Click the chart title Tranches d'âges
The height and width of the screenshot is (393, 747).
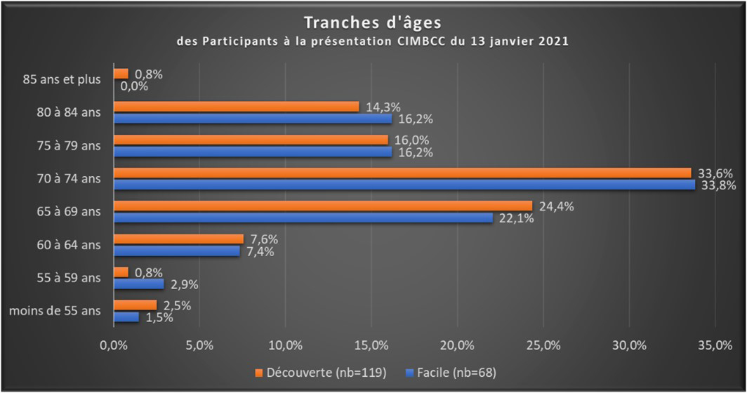373,24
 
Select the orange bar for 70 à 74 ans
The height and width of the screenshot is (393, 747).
402,173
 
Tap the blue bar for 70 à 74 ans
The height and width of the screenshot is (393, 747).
404,185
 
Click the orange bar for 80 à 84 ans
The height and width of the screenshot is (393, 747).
237,107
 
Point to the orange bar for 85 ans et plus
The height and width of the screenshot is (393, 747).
121,73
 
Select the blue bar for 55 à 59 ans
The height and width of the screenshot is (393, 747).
138,284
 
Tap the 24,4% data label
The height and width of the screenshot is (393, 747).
552,206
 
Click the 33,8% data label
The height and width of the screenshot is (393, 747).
716,185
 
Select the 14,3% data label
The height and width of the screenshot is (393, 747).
378,107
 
